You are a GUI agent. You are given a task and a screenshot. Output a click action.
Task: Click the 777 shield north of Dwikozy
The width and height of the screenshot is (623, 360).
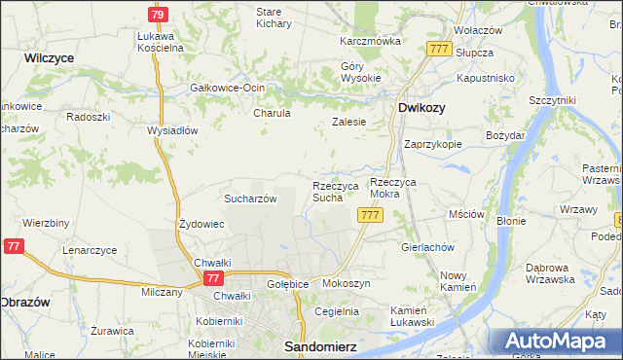tap(438, 49)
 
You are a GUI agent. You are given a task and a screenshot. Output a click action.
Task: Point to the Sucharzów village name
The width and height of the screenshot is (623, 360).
tap(251, 198)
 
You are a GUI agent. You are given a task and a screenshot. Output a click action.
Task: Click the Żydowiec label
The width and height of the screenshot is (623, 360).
tap(202, 224)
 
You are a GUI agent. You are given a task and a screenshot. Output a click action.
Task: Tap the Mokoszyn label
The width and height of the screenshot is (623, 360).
tap(346, 283)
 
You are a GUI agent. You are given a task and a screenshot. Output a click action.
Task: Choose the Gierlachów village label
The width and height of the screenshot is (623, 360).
tap(427, 247)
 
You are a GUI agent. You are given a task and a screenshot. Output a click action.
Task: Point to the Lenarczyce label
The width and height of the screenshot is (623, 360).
tap(90, 250)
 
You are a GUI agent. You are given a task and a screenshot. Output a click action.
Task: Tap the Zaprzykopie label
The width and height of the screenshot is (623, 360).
tap(432, 143)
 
